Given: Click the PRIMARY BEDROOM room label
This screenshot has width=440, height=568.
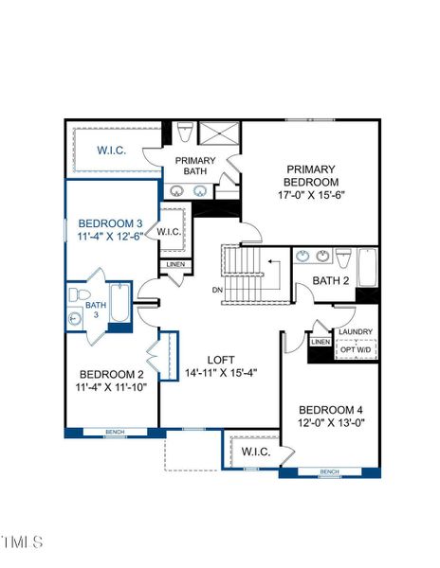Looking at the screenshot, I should (312, 175).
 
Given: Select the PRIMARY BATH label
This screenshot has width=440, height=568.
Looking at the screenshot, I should (195, 166).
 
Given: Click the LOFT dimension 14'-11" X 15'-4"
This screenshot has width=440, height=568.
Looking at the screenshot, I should (220, 372).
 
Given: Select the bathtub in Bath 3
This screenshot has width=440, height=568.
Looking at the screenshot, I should (119, 305).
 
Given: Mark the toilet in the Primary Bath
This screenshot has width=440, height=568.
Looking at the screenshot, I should (185, 133).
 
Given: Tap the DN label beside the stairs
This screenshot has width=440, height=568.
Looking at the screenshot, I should (217, 290).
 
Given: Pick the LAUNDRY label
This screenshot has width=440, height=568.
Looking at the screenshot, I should (356, 332).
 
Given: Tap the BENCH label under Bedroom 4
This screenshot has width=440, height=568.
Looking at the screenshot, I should (329, 471).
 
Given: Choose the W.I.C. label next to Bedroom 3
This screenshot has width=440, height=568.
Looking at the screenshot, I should (169, 232).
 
